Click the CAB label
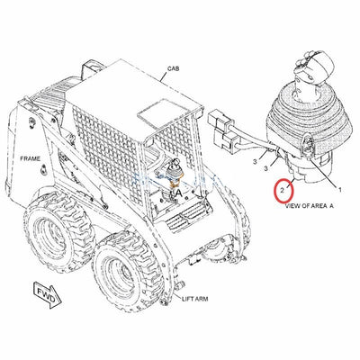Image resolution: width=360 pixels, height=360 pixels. click(x=174, y=68)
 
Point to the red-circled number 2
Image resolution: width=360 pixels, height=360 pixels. click(x=283, y=191)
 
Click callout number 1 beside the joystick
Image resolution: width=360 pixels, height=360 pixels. click(x=338, y=190)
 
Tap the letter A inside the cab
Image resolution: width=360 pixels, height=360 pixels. click(x=181, y=193)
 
